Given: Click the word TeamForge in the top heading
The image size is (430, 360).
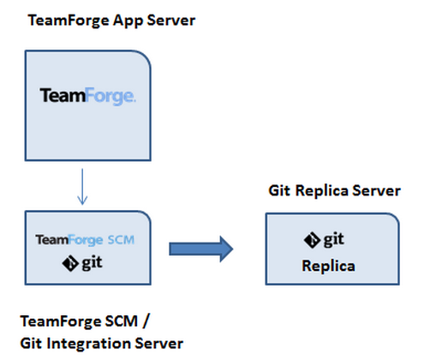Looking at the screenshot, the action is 69,21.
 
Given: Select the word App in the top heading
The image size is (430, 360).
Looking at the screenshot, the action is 128,21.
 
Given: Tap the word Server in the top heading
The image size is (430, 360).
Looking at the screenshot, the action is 171,21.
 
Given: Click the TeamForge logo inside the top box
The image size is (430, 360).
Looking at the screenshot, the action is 87,96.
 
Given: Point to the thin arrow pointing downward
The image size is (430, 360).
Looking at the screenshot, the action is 82,187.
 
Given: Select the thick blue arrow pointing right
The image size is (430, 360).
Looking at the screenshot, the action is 201,249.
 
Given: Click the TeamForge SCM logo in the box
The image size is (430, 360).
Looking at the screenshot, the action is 85,240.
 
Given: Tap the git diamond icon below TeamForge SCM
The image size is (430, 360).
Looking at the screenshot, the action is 70,264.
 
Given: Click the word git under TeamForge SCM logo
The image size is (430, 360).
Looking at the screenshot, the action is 92,262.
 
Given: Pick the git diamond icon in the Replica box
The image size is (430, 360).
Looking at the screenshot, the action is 312,240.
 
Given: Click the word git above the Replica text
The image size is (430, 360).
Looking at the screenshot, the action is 333,239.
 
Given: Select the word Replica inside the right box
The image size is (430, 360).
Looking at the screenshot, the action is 328,267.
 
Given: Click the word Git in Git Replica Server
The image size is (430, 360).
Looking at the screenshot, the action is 279,190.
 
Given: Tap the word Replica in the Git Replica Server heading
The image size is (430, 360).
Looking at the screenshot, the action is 321,191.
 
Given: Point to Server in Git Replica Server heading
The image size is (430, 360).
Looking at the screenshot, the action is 376,190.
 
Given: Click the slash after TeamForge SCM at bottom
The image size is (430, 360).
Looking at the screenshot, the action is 146,321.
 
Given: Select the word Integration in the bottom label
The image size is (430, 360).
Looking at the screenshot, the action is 88,344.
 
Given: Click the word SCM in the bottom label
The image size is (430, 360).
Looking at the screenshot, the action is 122,321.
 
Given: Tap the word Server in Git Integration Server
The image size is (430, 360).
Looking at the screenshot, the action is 158,343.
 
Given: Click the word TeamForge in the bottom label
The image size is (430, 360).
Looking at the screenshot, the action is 61,321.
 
